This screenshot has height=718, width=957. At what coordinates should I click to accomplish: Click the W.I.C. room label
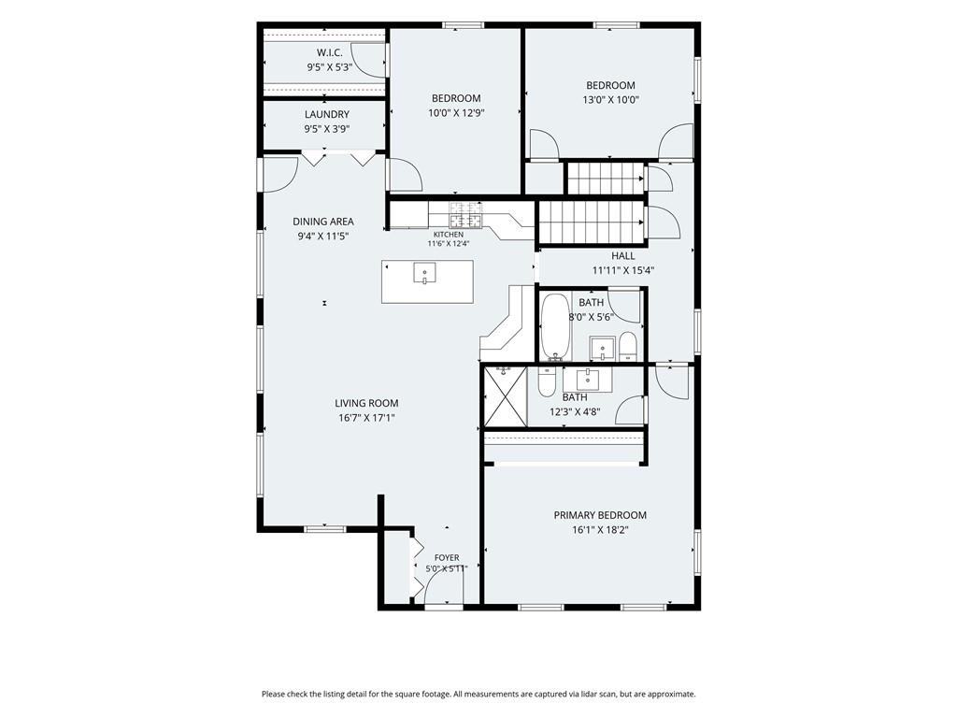pyautogui.click(x=330, y=52)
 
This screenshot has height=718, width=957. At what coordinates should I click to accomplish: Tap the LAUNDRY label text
pyautogui.click(x=327, y=114)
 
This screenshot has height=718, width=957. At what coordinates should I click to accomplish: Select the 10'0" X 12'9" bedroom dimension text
pyautogui.click(x=456, y=113)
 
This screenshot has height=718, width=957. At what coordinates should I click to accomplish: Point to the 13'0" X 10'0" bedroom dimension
pyautogui.click(x=610, y=100)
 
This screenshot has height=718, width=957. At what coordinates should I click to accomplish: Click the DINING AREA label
pyautogui.click(x=322, y=222)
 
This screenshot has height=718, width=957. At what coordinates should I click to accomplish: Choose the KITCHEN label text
pyautogui.click(x=449, y=235)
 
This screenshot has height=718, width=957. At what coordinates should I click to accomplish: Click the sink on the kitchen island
pyautogui.click(x=424, y=273)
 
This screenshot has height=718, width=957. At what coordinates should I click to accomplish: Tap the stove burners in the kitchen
pyautogui.click(x=466, y=214)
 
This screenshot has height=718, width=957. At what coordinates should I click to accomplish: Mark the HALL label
pyautogui.click(x=623, y=256)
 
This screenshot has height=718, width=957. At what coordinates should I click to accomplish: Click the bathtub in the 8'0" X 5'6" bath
pyautogui.click(x=555, y=327)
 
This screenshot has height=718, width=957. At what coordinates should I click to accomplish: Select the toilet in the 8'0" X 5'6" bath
pyautogui.click(x=627, y=347)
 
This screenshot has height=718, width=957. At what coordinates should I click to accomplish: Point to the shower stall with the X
pyautogui.click(x=505, y=396)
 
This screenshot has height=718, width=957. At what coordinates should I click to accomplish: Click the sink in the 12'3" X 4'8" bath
pyautogui.click(x=588, y=380)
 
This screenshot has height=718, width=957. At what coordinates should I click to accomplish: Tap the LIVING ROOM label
pyautogui.click(x=366, y=403)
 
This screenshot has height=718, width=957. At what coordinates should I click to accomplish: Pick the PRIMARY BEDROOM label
pyautogui.click(x=600, y=515)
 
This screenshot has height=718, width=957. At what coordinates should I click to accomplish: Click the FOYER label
pyautogui.click(x=447, y=557)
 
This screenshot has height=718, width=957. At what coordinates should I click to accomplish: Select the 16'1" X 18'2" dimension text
pyautogui.click(x=600, y=530)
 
